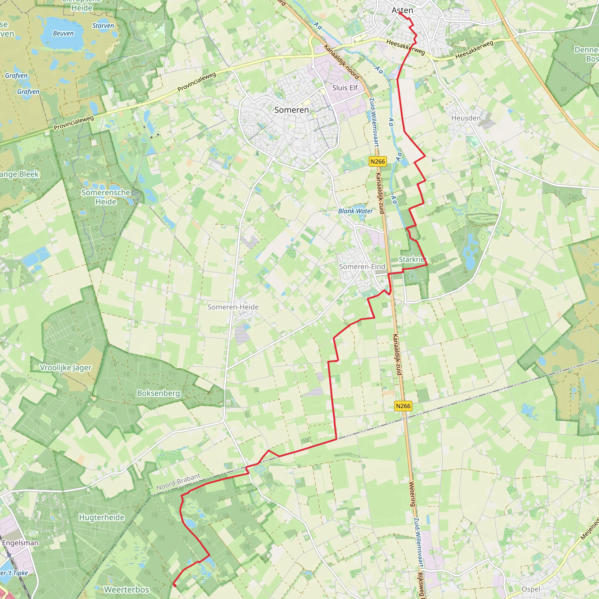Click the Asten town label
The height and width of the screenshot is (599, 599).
[x=402, y=10]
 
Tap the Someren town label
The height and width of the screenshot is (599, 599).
[x=291, y=110]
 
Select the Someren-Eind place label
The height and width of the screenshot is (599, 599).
[x=362, y=267]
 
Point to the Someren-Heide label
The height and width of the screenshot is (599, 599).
[x=233, y=307]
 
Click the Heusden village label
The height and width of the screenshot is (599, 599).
[x=466, y=118]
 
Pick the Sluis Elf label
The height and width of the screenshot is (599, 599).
[x=345, y=88]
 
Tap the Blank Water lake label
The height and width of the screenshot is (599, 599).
[x=355, y=211]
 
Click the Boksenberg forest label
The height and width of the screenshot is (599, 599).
[x=159, y=393]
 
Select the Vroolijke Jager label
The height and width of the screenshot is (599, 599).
[x=66, y=368]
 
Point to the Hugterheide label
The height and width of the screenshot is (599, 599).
[x=102, y=517]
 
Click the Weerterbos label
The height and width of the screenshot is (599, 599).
[x=126, y=589]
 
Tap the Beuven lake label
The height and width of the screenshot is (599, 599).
[x=63, y=33]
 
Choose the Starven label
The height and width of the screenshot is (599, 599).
[x=103, y=26]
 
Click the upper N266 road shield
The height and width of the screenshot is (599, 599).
[x=378, y=161]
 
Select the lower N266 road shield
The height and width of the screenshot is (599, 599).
[x=403, y=406]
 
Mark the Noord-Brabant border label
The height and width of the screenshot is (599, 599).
[x=178, y=482]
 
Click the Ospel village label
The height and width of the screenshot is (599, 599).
[x=531, y=589]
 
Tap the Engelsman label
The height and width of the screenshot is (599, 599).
[x=20, y=543]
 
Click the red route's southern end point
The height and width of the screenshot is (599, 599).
[x=175, y=585]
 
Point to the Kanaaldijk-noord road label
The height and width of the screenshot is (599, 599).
[x=341, y=62]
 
